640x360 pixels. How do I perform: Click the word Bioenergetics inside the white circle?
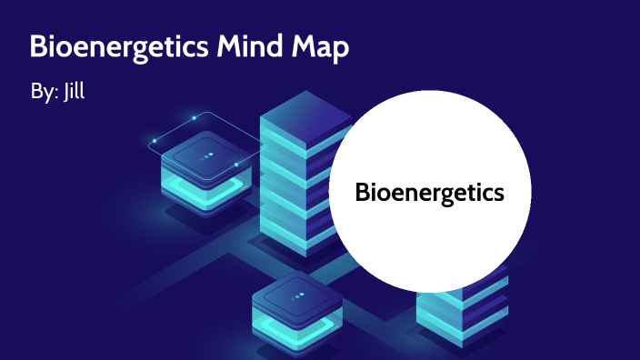(429, 193)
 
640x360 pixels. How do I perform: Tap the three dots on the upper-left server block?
(208, 155)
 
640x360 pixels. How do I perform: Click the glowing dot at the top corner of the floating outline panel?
(195, 117)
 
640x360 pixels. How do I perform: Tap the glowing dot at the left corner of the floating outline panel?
(155, 141)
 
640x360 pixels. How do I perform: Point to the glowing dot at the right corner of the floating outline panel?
(236, 165)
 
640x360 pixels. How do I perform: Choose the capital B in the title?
(38, 48)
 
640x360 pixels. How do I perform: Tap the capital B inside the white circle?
(362, 193)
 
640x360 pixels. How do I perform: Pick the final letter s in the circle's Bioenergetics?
(498, 194)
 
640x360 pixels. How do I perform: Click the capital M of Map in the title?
(305, 48)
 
